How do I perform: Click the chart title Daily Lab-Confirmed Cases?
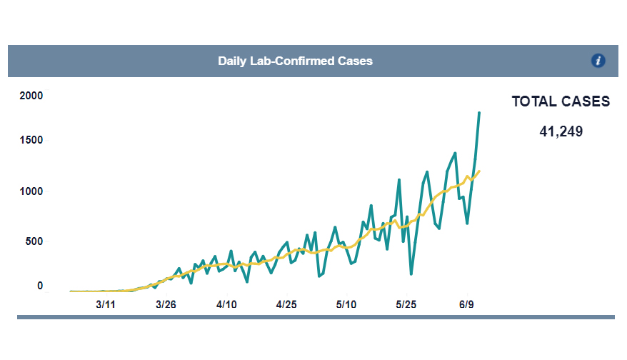[295, 61]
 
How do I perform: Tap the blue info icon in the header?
[598, 61]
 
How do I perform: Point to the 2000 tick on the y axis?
[31, 96]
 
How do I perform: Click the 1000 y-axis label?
[31, 191]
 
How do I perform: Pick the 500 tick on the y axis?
[34, 241]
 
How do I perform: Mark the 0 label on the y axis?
[40, 286]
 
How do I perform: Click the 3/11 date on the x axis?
[106, 304]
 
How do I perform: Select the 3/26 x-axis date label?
[166, 304]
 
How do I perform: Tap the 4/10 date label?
[226, 304]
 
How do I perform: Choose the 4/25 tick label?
[286, 304]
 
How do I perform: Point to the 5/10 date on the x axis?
[346, 304]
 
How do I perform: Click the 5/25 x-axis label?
[406, 304]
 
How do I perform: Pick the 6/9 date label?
[466, 304]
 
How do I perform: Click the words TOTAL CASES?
[561, 101]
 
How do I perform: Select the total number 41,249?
[561, 131]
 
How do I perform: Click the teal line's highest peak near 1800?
[479, 113]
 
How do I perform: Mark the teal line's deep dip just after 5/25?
[411, 274]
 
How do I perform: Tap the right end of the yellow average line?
[479, 171]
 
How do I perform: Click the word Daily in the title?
[233, 61]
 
